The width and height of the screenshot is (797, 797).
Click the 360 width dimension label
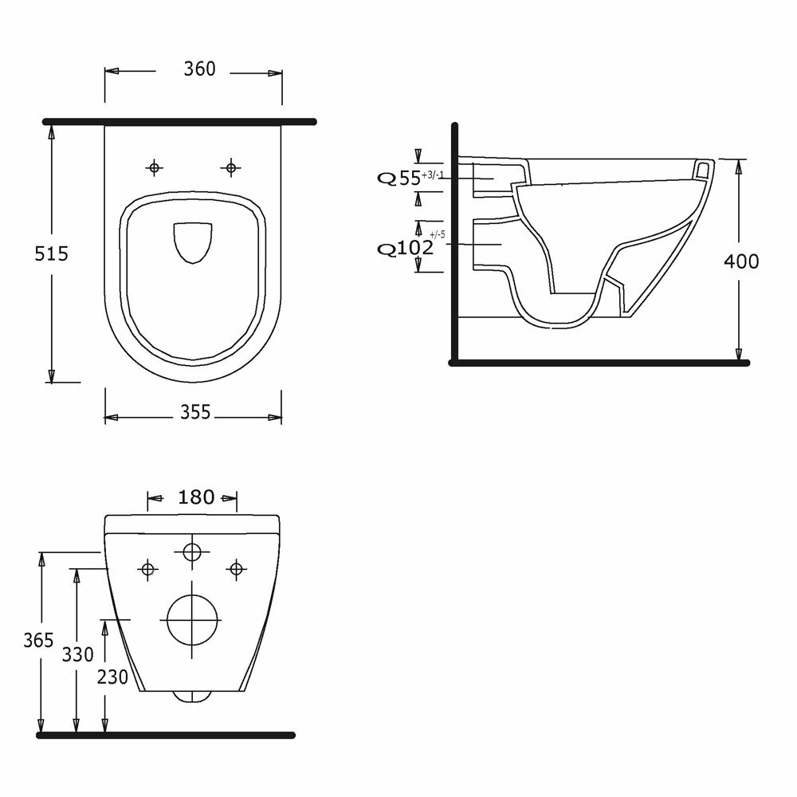point(200,69)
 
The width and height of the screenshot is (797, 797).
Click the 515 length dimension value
point(51,253)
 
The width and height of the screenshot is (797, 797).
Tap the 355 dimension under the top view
point(195,412)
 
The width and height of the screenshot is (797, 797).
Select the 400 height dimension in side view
point(741,261)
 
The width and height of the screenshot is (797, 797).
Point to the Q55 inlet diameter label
point(398,178)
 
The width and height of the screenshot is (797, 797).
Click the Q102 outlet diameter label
point(405,248)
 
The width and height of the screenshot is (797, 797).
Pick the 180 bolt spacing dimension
point(196,497)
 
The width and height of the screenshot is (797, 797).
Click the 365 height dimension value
point(38,640)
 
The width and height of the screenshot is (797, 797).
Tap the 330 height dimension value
point(78,654)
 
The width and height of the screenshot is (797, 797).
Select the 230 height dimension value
point(112,677)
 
